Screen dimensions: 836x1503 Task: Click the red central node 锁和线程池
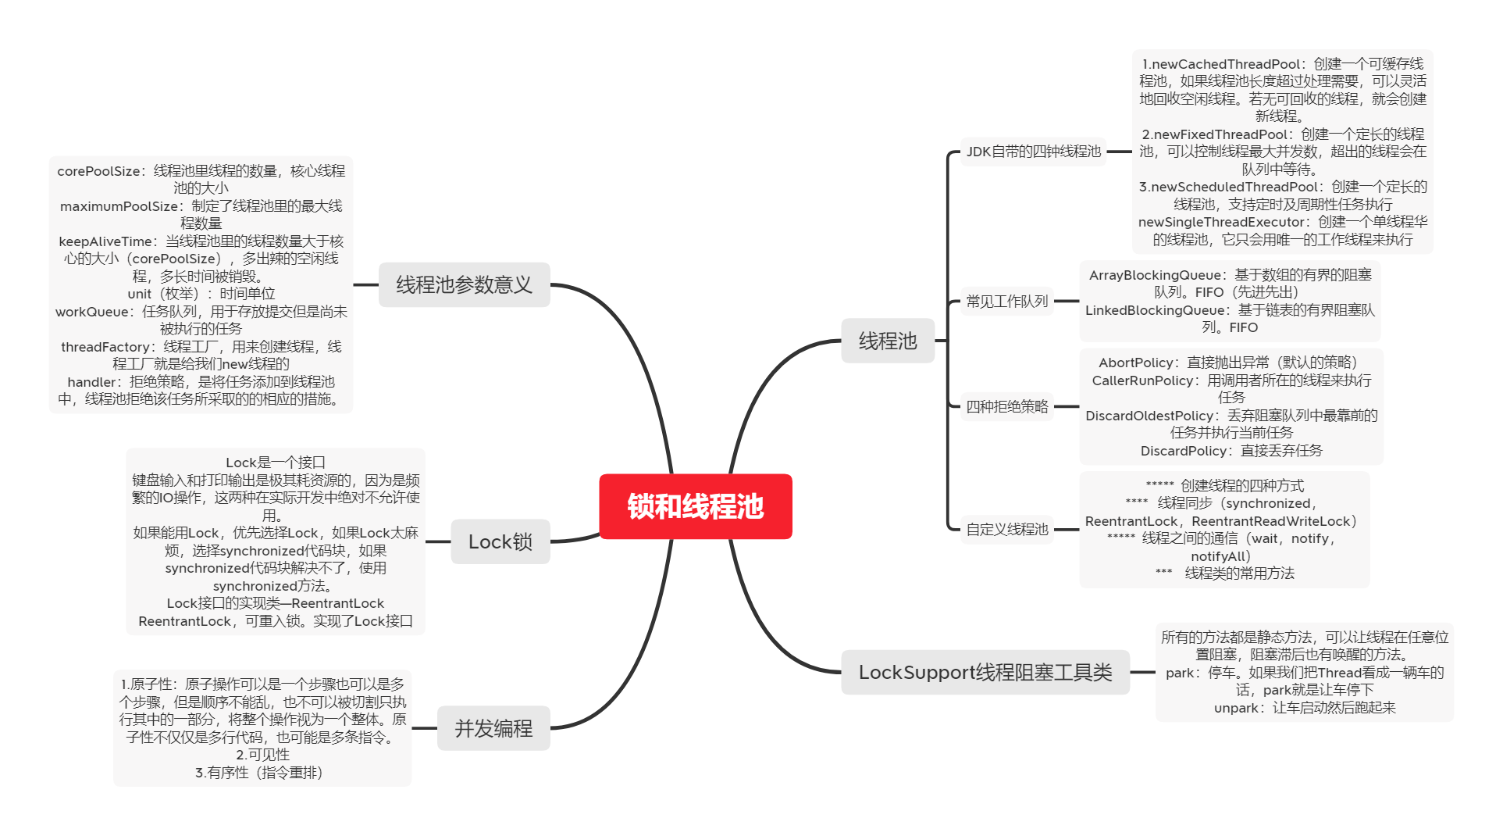(x=695, y=506)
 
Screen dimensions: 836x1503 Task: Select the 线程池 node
(x=888, y=341)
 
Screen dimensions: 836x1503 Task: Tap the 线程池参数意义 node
(x=464, y=284)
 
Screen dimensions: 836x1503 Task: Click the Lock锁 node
(x=500, y=541)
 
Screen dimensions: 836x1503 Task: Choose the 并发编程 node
(x=493, y=728)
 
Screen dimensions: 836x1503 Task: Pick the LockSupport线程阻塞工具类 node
(x=985, y=672)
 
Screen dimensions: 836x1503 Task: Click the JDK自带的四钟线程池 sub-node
(x=1033, y=152)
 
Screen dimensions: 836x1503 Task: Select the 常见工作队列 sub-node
(x=1006, y=301)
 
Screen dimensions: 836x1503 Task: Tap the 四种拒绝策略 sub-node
(x=1006, y=406)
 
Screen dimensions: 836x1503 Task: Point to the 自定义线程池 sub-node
(x=1006, y=529)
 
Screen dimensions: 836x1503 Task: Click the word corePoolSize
(x=98, y=171)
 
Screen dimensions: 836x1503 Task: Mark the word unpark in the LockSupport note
(x=1237, y=708)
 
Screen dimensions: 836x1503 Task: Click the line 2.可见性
(x=262, y=755)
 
